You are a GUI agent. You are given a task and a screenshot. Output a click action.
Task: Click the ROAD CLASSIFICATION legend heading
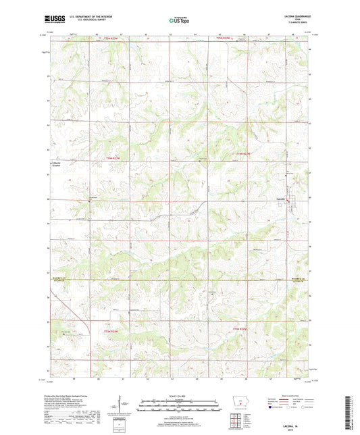[x=284, y=396]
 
